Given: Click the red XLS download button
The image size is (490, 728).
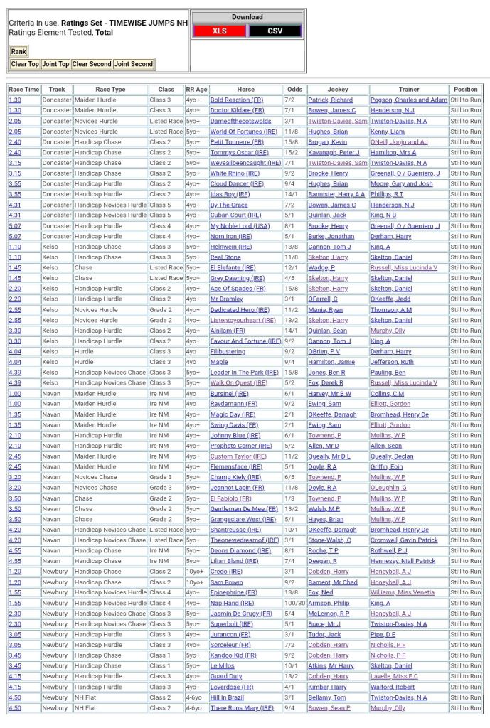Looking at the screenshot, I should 219,31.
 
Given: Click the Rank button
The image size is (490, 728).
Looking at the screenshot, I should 18,52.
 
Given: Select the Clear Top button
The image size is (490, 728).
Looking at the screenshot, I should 25,64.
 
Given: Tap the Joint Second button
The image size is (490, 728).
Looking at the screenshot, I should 134,64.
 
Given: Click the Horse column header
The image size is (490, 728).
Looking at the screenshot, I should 245,90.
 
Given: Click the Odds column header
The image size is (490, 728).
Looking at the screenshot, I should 294,90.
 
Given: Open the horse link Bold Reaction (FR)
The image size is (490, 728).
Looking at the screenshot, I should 237,100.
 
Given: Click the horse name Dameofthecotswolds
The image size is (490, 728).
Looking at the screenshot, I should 240,121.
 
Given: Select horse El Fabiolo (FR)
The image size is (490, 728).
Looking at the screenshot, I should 230,498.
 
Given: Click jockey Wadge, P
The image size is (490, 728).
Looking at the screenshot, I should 321,268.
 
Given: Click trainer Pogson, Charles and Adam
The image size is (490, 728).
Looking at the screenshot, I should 409,100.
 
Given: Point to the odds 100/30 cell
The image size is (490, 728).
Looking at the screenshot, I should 294,603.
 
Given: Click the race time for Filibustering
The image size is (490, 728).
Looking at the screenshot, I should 15,352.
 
